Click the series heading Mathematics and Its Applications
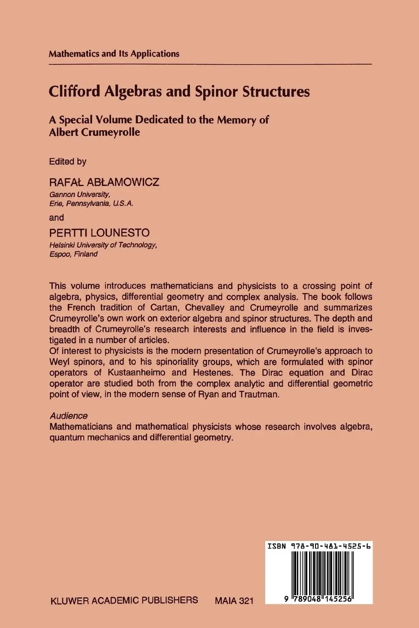114,54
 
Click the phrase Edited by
67,162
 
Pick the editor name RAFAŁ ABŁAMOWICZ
104,182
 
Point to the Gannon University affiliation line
79,194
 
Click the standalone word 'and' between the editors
56,217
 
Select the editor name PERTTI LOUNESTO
99,233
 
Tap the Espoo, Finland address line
73,254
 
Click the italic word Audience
68,416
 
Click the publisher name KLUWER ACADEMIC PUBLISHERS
123,600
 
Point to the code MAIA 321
234,601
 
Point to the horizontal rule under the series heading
210,63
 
